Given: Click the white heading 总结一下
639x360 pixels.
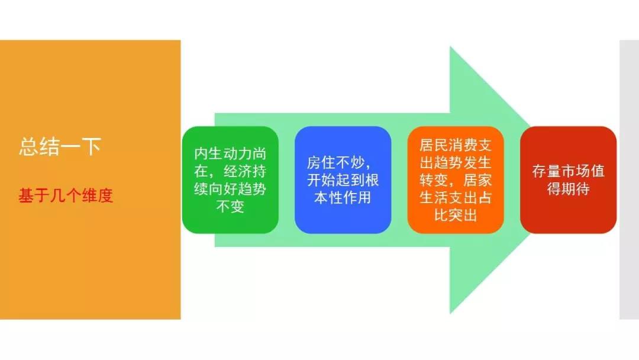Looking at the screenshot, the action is (x=60, y=147).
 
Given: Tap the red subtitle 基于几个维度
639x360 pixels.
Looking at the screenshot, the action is (x=66, y=196).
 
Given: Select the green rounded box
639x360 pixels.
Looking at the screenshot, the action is (x=230, y=180).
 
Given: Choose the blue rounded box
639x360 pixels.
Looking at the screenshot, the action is (x=343, y=180).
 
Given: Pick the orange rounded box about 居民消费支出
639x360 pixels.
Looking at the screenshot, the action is (x=456, y=180).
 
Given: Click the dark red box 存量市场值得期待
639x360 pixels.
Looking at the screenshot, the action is (x=568, y=180).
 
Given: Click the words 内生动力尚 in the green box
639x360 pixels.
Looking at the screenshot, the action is (x=230, y=154).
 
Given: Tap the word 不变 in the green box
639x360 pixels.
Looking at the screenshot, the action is (x=230, y=206).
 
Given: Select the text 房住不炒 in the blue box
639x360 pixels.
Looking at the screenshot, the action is (x=335, y=163).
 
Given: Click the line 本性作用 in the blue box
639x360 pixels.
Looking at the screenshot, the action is (x=343, y=198).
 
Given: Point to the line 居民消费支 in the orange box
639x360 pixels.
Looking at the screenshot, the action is (x=456, y=145).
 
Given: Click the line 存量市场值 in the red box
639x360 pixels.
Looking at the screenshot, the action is (x=568, y=171).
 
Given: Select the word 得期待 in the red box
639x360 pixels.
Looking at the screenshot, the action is (x=568, y=189).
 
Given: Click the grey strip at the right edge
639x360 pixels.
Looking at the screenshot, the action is (x=629, y=180).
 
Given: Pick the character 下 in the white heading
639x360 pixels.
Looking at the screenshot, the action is (x=91, y=147).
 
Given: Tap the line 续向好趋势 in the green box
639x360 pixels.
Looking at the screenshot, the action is (x=230, y=189).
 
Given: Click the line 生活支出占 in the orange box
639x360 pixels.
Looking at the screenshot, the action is (x=456, y=198).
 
